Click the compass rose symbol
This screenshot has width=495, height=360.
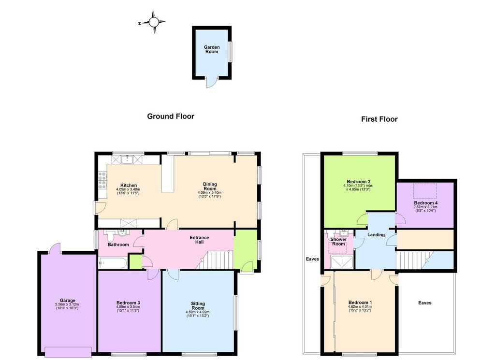click(154, 22)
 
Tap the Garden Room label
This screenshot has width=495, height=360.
click(212, 49)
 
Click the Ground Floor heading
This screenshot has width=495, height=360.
click(171, 116)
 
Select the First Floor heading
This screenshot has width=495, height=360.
click(379, 119)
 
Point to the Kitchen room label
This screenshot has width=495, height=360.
click(129, 185)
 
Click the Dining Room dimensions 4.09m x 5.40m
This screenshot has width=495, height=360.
click(210, 192)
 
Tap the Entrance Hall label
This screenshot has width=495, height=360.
click(199, 240)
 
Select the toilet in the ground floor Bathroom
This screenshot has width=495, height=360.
click(110, 236)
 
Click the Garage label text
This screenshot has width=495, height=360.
click(68, 301)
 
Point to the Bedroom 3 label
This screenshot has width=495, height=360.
click(128, 302)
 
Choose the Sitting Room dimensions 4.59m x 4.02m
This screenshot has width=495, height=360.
click(198, 312)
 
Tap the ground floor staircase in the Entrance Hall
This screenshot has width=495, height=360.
click(214, 260)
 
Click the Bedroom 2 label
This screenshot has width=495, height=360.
click(359, 181)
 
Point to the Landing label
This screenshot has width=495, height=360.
click(376, 235)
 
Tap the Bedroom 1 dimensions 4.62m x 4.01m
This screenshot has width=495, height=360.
click(360, 306)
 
